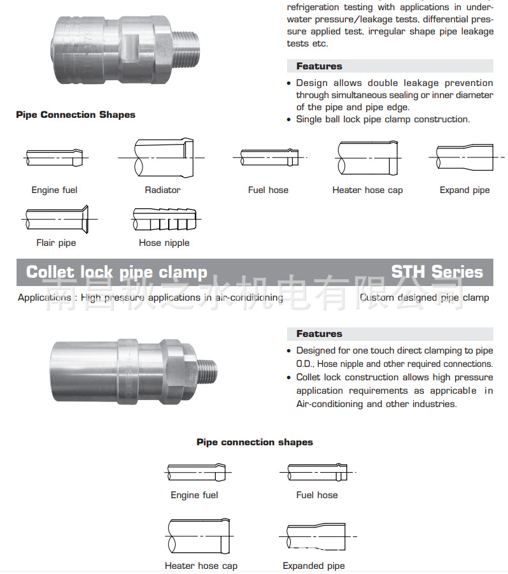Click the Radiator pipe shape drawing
click(x=162, y=157)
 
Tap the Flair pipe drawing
click(x=57, y=219)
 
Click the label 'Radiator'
click(x=162, y=190)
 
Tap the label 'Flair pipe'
click(x=56, y=243)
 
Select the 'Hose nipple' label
click(x=164, y=243)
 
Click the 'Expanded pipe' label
click(x=314, y=566)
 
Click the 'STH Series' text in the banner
click(x=437, y=272)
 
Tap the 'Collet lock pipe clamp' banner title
click(x=116, y=273)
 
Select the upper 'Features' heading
click(x=319, y=66)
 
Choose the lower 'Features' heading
click(x=319, y=334)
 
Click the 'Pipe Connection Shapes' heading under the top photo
click(x=76, y=115)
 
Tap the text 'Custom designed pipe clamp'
click(x=424, y=298)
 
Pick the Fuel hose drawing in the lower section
click(x=316, y=472)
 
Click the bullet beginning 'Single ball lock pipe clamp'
click(x=383, y=119)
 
